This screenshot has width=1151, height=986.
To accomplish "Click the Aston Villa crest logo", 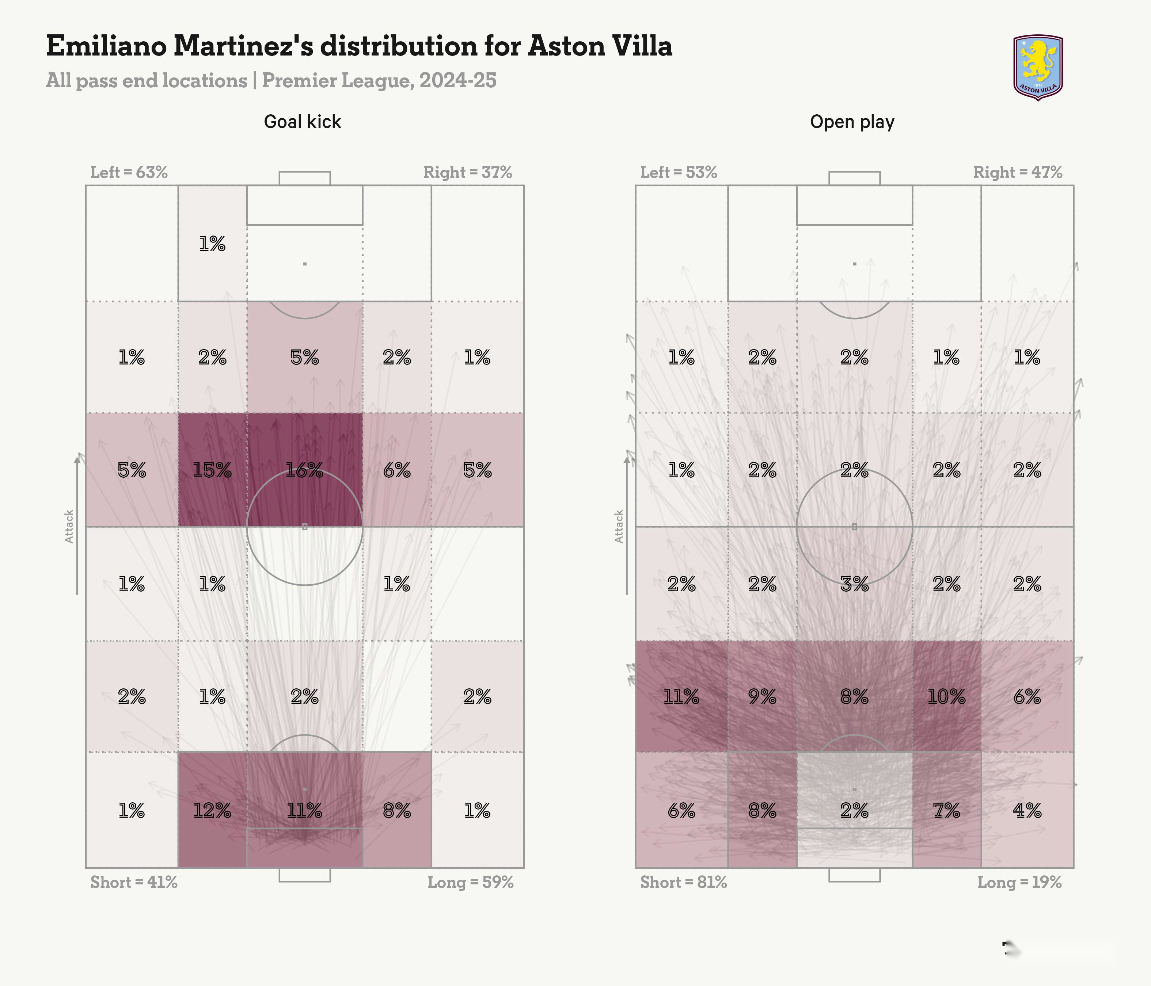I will pos(1038,67).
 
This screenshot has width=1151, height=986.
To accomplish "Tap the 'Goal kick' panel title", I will pos(302,122).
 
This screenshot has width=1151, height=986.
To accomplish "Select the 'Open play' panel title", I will pos(852,122).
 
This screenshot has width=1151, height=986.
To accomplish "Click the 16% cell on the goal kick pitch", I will pos(304,471).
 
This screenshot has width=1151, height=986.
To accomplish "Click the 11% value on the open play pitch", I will pos(681,696).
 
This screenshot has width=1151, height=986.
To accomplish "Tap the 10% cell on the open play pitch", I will pos(946,696).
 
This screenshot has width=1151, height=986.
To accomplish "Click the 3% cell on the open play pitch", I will pos(854,584).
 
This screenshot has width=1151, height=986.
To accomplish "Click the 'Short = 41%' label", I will pos(134,882).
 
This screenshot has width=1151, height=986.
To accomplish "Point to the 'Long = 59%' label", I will pos(470,882).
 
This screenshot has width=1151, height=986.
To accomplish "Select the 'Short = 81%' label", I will pos(683,882).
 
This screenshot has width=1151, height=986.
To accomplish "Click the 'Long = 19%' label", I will pos(1019,882).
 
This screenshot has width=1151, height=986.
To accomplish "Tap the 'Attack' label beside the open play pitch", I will pos(619,526).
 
